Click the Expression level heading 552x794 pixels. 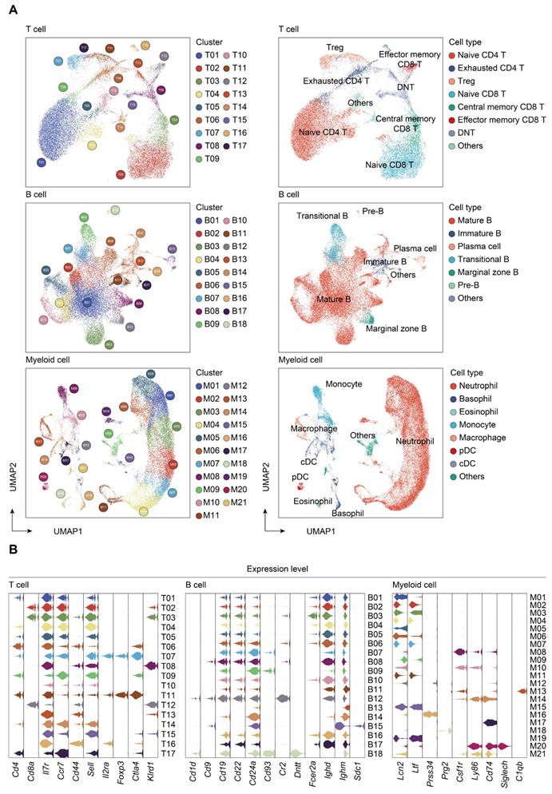[276, 570]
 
